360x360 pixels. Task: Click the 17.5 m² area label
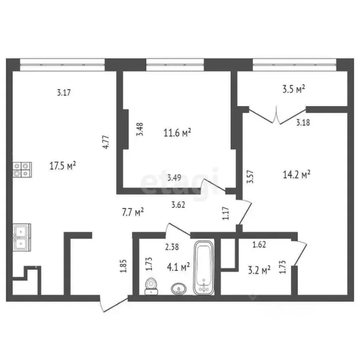click(62, 165)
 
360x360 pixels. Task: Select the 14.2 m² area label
click(300, 175)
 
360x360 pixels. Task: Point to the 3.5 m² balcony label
click(293, 88)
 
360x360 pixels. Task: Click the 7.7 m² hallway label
click(132, 212)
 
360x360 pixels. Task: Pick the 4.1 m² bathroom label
click(178, 267)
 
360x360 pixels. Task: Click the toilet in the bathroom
click(151, 285)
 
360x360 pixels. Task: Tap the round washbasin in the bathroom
click(178, 288)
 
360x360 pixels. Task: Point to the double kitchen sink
click(22, 236)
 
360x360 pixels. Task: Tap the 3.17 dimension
click(63, 92)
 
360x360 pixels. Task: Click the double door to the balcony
click(278, 115)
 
